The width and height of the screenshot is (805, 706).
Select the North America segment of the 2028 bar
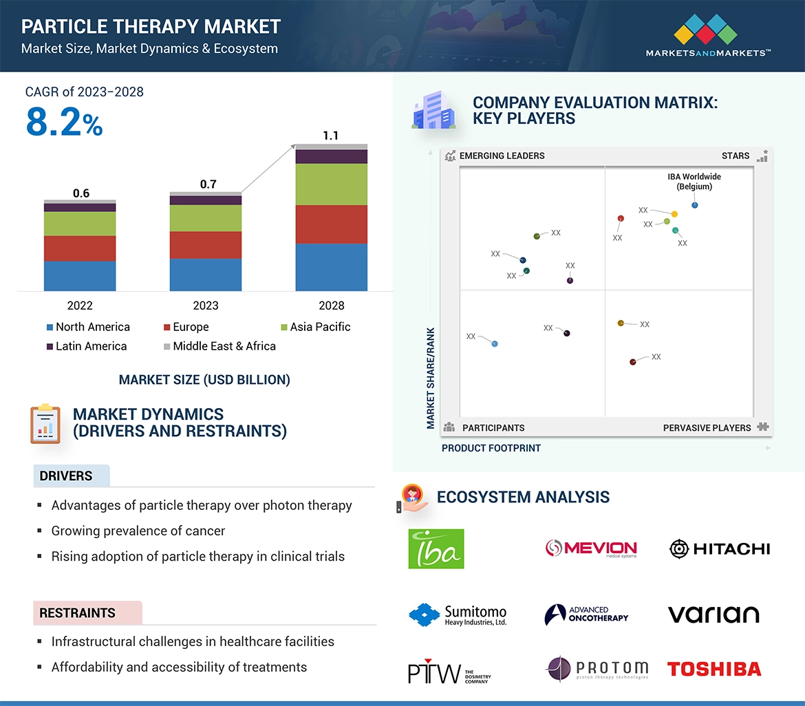tap(331, 267)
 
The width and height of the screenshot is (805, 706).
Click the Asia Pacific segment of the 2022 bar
tap(80, 224)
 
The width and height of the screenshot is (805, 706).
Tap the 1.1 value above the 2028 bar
tap(331, 136)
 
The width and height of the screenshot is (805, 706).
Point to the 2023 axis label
tap(206, 306)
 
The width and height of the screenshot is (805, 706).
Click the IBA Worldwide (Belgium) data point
tap(695, 205)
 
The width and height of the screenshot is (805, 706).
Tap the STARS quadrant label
tap(735, 156)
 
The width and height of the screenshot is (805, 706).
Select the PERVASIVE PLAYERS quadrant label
tap(707, 428)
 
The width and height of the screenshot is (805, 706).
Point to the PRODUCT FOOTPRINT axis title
tap(491, 449)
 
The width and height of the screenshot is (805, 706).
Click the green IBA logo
tap(436, 548)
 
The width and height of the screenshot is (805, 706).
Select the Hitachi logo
tap(720, 548)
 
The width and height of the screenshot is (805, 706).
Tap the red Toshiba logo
tap(714, 669)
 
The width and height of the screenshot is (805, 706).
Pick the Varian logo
tap(713, 614)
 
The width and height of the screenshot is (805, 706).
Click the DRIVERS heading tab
tap(67, 476)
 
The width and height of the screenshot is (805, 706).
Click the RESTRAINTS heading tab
tap(78, 612)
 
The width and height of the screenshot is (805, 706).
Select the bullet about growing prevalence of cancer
tap(138, 531)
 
